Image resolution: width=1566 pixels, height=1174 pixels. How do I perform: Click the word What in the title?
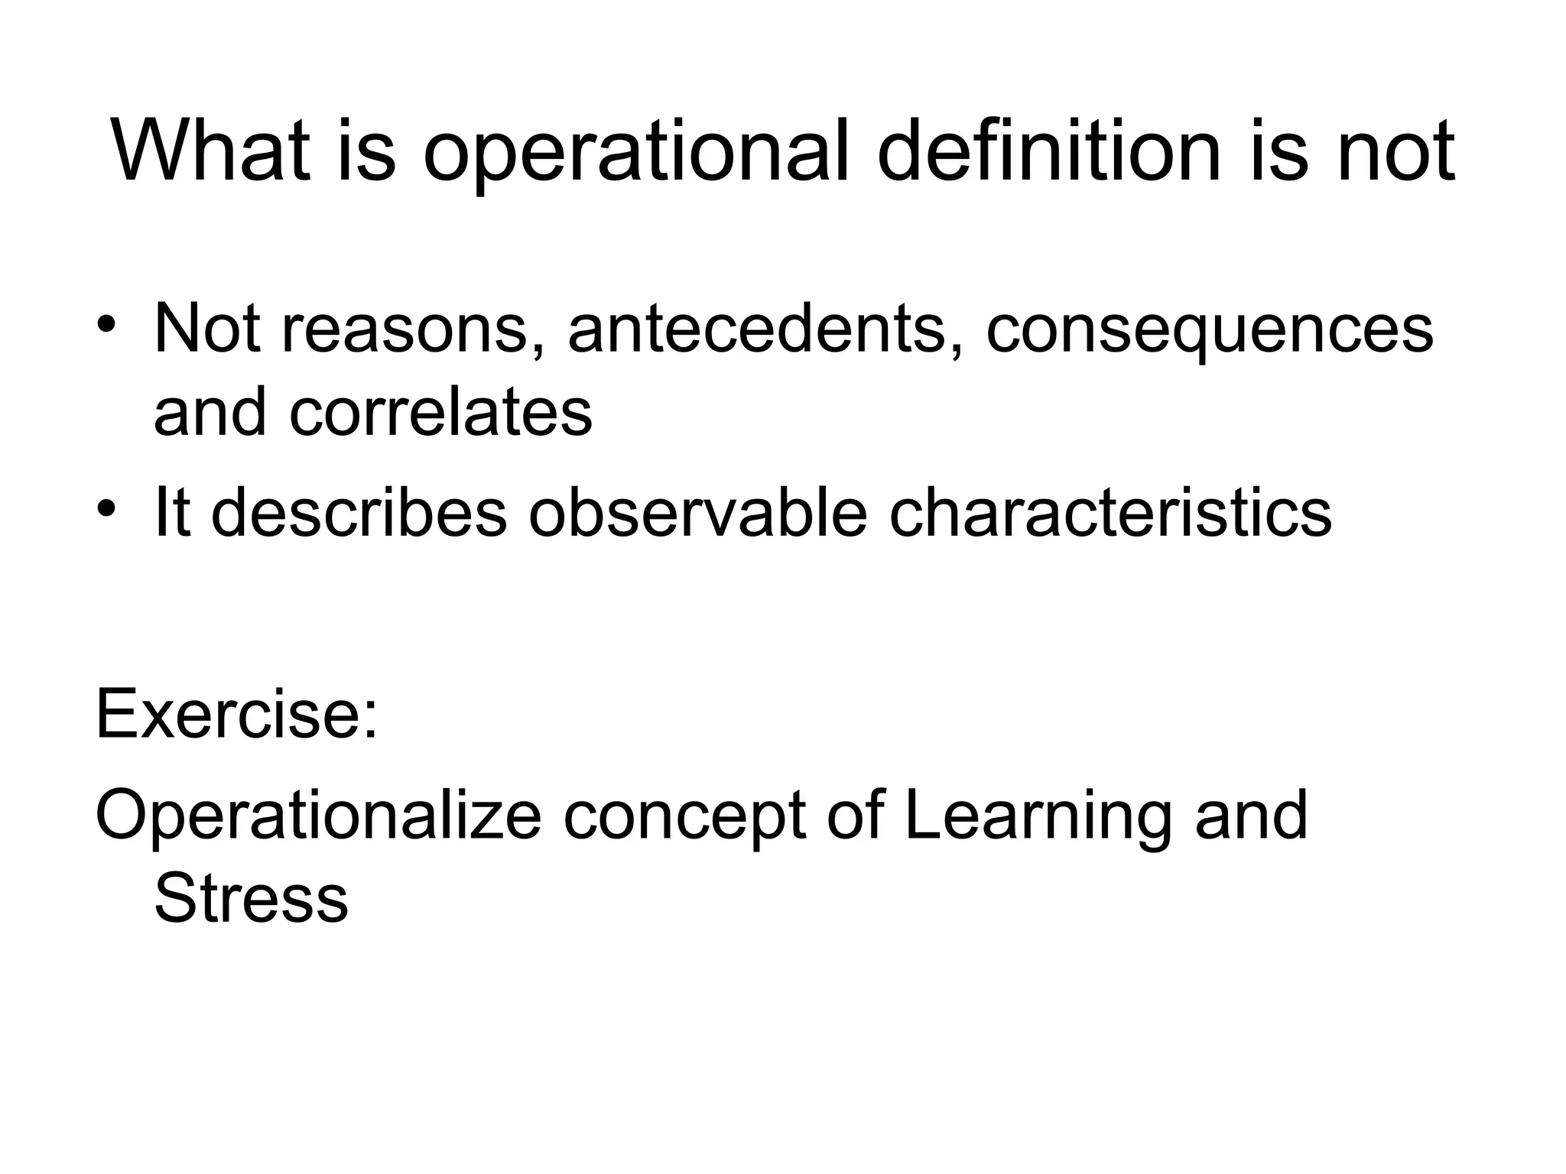tap(211, 151)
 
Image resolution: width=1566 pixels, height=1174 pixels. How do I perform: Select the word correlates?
tap(440, 412)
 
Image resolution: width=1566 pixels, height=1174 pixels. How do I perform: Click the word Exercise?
tap(229, 715)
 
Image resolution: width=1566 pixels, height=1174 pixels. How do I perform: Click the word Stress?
tap(251, 899)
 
